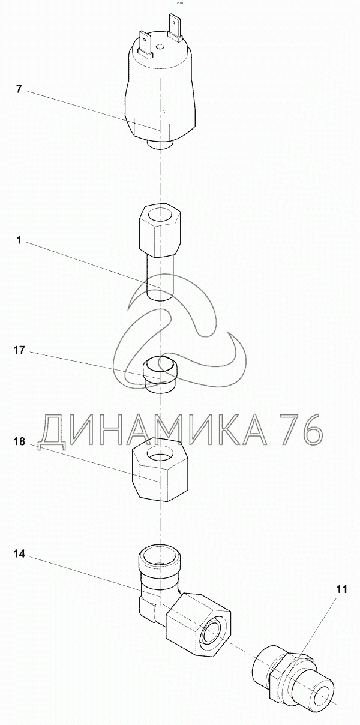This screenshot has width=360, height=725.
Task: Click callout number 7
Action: (19, 89)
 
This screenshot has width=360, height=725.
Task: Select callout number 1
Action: (19, 240)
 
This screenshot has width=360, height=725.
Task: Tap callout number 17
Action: (19, 350)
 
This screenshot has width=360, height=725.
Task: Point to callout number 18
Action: (19, 442)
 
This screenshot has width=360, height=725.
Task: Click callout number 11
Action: (340, 589)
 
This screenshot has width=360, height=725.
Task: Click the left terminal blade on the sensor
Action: (145, 44)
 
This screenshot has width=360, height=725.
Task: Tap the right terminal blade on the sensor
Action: (174, 28)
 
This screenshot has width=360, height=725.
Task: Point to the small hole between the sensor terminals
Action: (160, 47)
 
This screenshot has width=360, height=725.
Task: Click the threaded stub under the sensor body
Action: (160, 145)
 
